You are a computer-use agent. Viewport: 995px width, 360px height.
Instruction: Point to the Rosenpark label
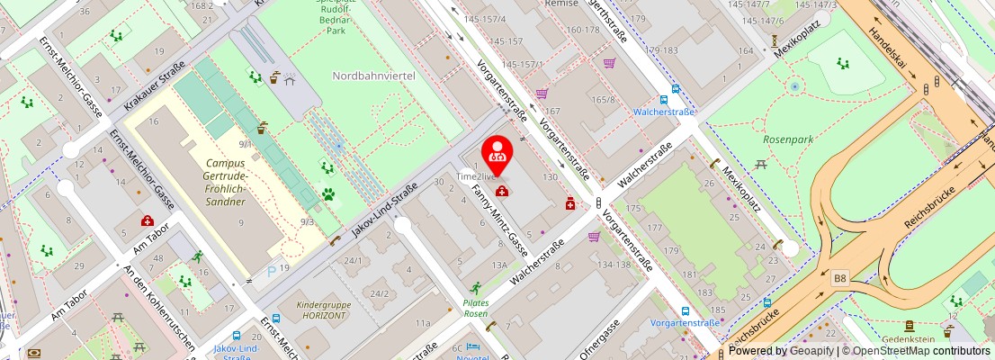coord(787,139)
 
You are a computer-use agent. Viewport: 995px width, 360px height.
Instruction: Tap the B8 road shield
coord(840,279)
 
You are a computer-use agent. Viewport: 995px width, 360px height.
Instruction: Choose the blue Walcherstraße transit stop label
coord(664,112)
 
